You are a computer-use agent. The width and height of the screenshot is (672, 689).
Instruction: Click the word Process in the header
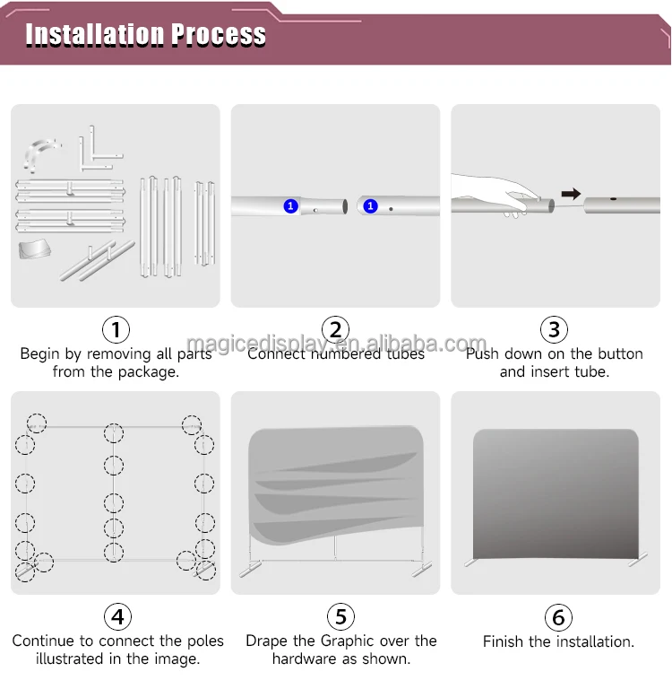tap(219, 34)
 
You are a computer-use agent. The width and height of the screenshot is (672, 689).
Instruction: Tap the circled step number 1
tap(116, 329)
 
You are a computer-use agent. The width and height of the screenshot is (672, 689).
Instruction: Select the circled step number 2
tap(335, 329)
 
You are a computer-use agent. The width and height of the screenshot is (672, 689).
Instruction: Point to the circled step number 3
tap(554, 329)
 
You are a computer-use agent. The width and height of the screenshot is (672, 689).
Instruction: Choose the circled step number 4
tap(117, 616)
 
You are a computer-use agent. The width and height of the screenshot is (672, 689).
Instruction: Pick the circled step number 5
tap(340, 616)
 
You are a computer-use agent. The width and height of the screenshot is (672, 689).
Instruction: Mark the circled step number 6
tap(558, 617)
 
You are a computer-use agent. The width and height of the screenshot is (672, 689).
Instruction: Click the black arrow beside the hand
tap(571, 194)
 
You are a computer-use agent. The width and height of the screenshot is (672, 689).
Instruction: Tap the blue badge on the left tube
tap(290, 206)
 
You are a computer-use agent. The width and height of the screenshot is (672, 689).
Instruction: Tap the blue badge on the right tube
tap(370, 205)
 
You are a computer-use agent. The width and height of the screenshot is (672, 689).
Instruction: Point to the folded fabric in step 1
tap(35, 249)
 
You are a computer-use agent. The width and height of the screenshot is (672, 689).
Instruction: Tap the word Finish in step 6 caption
tap(504, 641)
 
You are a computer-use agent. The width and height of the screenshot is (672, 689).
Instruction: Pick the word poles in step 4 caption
tap(205, 641)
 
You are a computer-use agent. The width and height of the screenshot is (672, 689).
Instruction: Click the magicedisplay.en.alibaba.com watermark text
tap(337, 344)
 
